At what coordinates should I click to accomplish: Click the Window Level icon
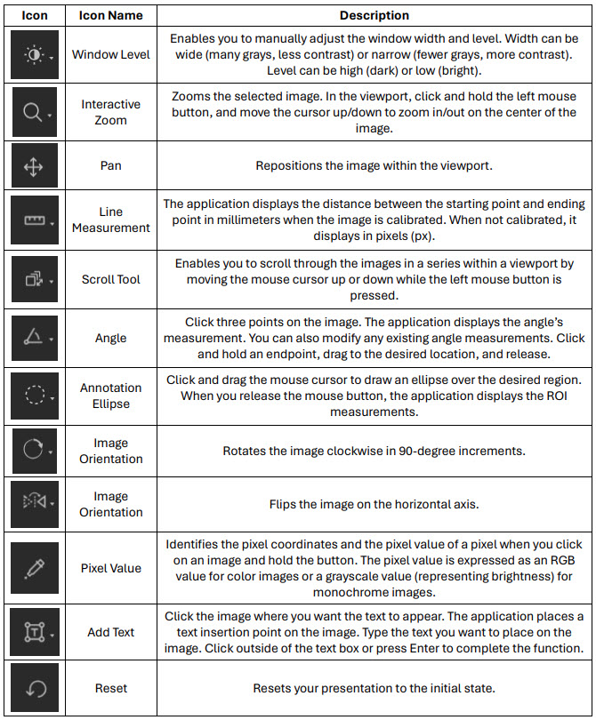click(36, 54)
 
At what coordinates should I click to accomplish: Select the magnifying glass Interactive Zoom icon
click(36, 111)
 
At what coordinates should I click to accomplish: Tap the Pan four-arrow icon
click(36, 166)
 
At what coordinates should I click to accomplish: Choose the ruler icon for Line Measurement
click(36, 220)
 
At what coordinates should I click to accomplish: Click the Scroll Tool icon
click(36, 279)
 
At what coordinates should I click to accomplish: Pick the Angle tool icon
click(36, 338)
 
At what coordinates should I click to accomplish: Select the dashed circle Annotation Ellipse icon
click(36, 396)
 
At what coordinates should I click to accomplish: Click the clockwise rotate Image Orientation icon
click(36, 451)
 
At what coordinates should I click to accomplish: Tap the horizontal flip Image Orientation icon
click(36, 504)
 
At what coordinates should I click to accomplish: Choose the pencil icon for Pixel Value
click(36, 568)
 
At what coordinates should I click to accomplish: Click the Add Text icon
click(36, 632)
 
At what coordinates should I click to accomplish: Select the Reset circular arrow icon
click(36, 688)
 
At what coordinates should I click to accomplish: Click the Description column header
click(374, 15)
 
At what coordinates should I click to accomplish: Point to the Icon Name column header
click(110, 15)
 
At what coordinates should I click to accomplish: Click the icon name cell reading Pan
click(110, 166)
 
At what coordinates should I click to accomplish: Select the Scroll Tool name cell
click(110, 279)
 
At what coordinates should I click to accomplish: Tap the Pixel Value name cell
click(110, 568)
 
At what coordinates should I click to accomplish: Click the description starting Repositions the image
click(374, 166)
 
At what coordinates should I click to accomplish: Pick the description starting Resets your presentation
click(374, 688)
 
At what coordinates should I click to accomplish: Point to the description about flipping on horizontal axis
click(374, 504)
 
